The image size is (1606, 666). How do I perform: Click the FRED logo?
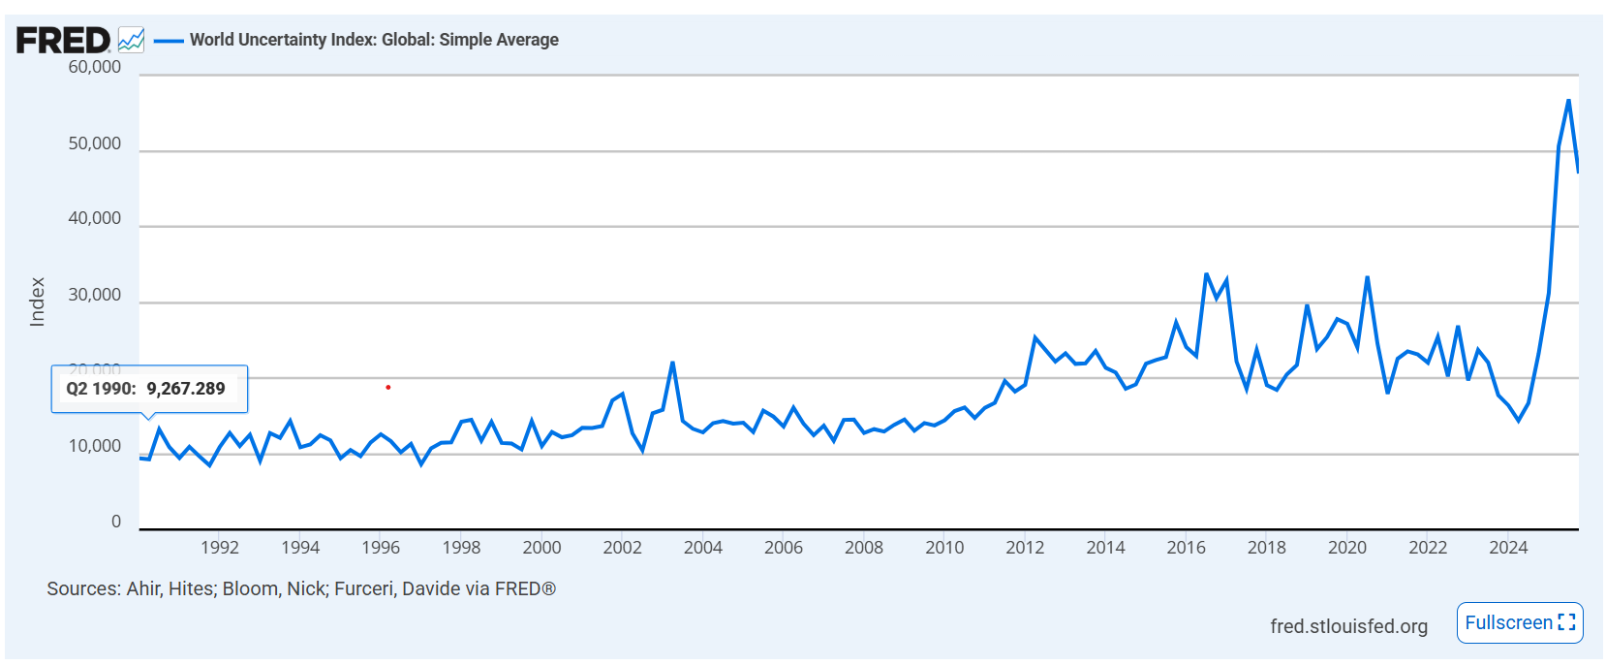click(63, 40)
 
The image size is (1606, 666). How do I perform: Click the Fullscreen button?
click(1519, 622)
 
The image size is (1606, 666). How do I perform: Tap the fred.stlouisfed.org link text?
click(1348, 626)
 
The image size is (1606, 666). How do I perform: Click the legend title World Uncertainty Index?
click(374, 40)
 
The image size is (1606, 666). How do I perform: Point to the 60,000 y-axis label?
click(95, 67)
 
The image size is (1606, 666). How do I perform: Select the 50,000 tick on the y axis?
click(95, 143)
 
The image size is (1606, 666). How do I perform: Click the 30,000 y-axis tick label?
click(95, 295)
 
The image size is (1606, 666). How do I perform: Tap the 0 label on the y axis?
click(116, 522)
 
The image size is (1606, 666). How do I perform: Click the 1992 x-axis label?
click(220, 548)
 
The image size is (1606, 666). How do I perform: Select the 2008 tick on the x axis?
click(864, 548)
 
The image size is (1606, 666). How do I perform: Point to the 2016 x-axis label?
click(1186, 548)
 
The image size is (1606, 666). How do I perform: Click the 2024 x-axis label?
click(1508, 548)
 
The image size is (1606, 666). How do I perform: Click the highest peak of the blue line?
click(1568, 101)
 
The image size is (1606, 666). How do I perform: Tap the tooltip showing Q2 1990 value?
click(149, 389)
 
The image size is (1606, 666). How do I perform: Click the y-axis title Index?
click(38, 301)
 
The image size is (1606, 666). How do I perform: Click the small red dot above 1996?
click(388, 388)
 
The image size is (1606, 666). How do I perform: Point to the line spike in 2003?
click(672, 364)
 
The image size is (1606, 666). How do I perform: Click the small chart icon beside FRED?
click(131, 40)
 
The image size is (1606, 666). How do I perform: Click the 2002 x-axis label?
click(622, 548)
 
